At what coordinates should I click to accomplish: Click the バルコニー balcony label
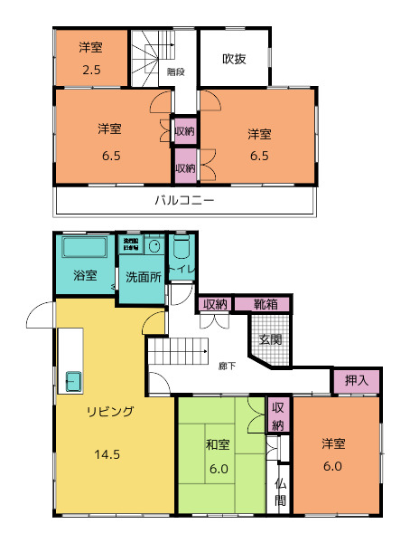[x=183, y=199]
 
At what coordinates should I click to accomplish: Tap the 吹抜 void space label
[x=234, y=59]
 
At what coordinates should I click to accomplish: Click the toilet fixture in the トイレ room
[x=182, y=247]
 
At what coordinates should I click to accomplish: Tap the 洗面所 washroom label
[x=144, y=276]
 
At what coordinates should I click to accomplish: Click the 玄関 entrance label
[x=270, y=339]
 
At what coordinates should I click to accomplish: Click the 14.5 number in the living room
[x=106, y=453]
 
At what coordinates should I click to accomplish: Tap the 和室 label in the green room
[x=217, y=444]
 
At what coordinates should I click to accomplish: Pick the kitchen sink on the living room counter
[x=71, y=380]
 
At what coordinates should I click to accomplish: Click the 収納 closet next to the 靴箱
[x=214, y=304]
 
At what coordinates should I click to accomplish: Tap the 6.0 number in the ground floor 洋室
[x=332, y=466]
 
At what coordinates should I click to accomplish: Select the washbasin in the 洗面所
[x=154, y=246]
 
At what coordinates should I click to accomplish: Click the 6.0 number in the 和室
[x=218, y=468]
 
